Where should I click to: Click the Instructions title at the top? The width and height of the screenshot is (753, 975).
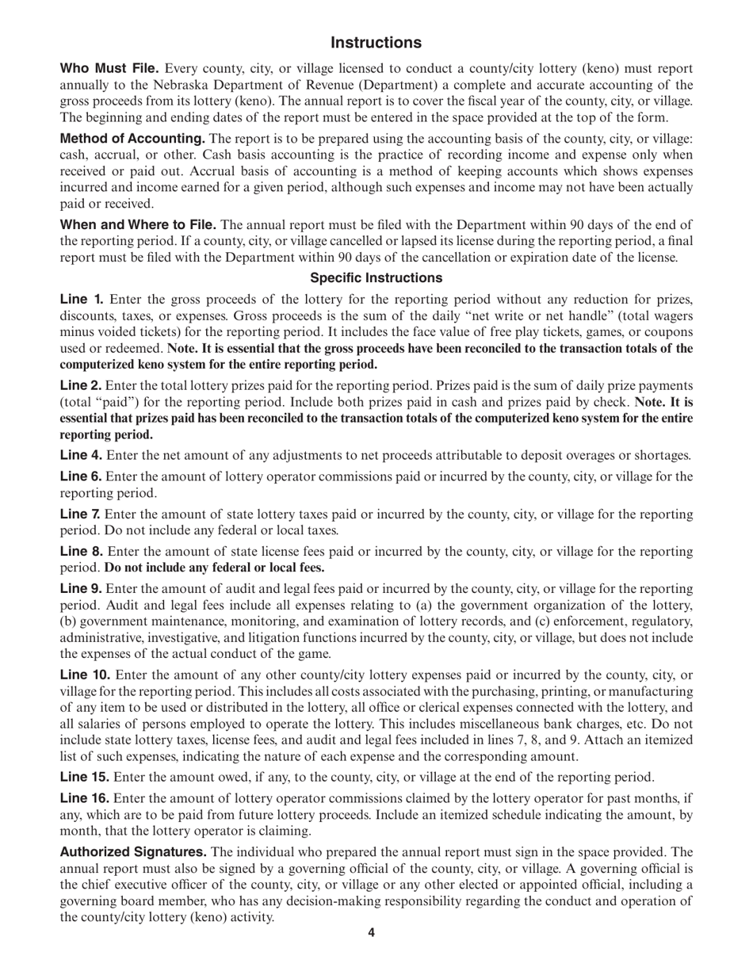[376, 42]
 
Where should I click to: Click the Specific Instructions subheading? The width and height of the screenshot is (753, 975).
[376, 277]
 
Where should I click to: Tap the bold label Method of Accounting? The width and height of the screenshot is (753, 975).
[133, 139]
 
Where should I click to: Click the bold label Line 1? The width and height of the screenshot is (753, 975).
[82, 299]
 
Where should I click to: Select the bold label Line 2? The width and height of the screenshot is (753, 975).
[82, 384]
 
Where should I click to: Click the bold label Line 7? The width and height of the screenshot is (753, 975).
[82, 514]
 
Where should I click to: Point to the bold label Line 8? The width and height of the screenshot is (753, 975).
[82, 551]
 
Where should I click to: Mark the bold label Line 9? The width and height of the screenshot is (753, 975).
[82, 589]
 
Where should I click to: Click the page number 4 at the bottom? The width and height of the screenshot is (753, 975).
[371, 932]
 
